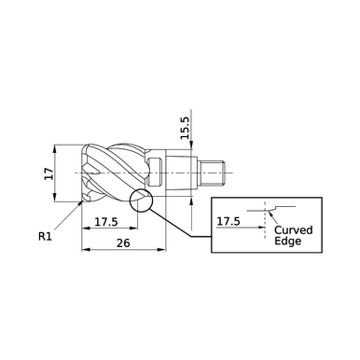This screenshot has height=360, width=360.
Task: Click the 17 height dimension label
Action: point(48,173)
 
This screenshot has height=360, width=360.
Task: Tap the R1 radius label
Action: point(44,237)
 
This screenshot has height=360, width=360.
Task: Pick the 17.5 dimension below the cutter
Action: point(105,221)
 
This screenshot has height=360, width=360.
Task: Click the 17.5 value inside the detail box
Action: point(229,222)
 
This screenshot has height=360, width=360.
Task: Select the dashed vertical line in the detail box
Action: point(265,224)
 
